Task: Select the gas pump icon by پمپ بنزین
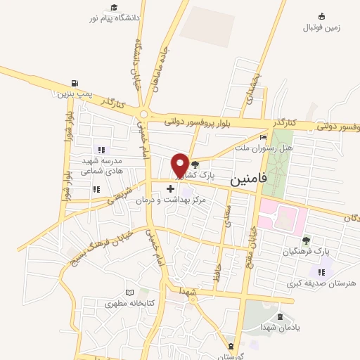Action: pyautogui.click(x=75, y=83)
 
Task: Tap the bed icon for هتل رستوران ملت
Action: pyautogui.click(x=264, y=138)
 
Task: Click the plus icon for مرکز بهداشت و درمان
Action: pyautogui.click(x=170, y=188)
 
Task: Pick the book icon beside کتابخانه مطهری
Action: pyautogui.click(x=128, y=292)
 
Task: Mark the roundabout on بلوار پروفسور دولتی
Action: pyautogui.click(x=145, y=114)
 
